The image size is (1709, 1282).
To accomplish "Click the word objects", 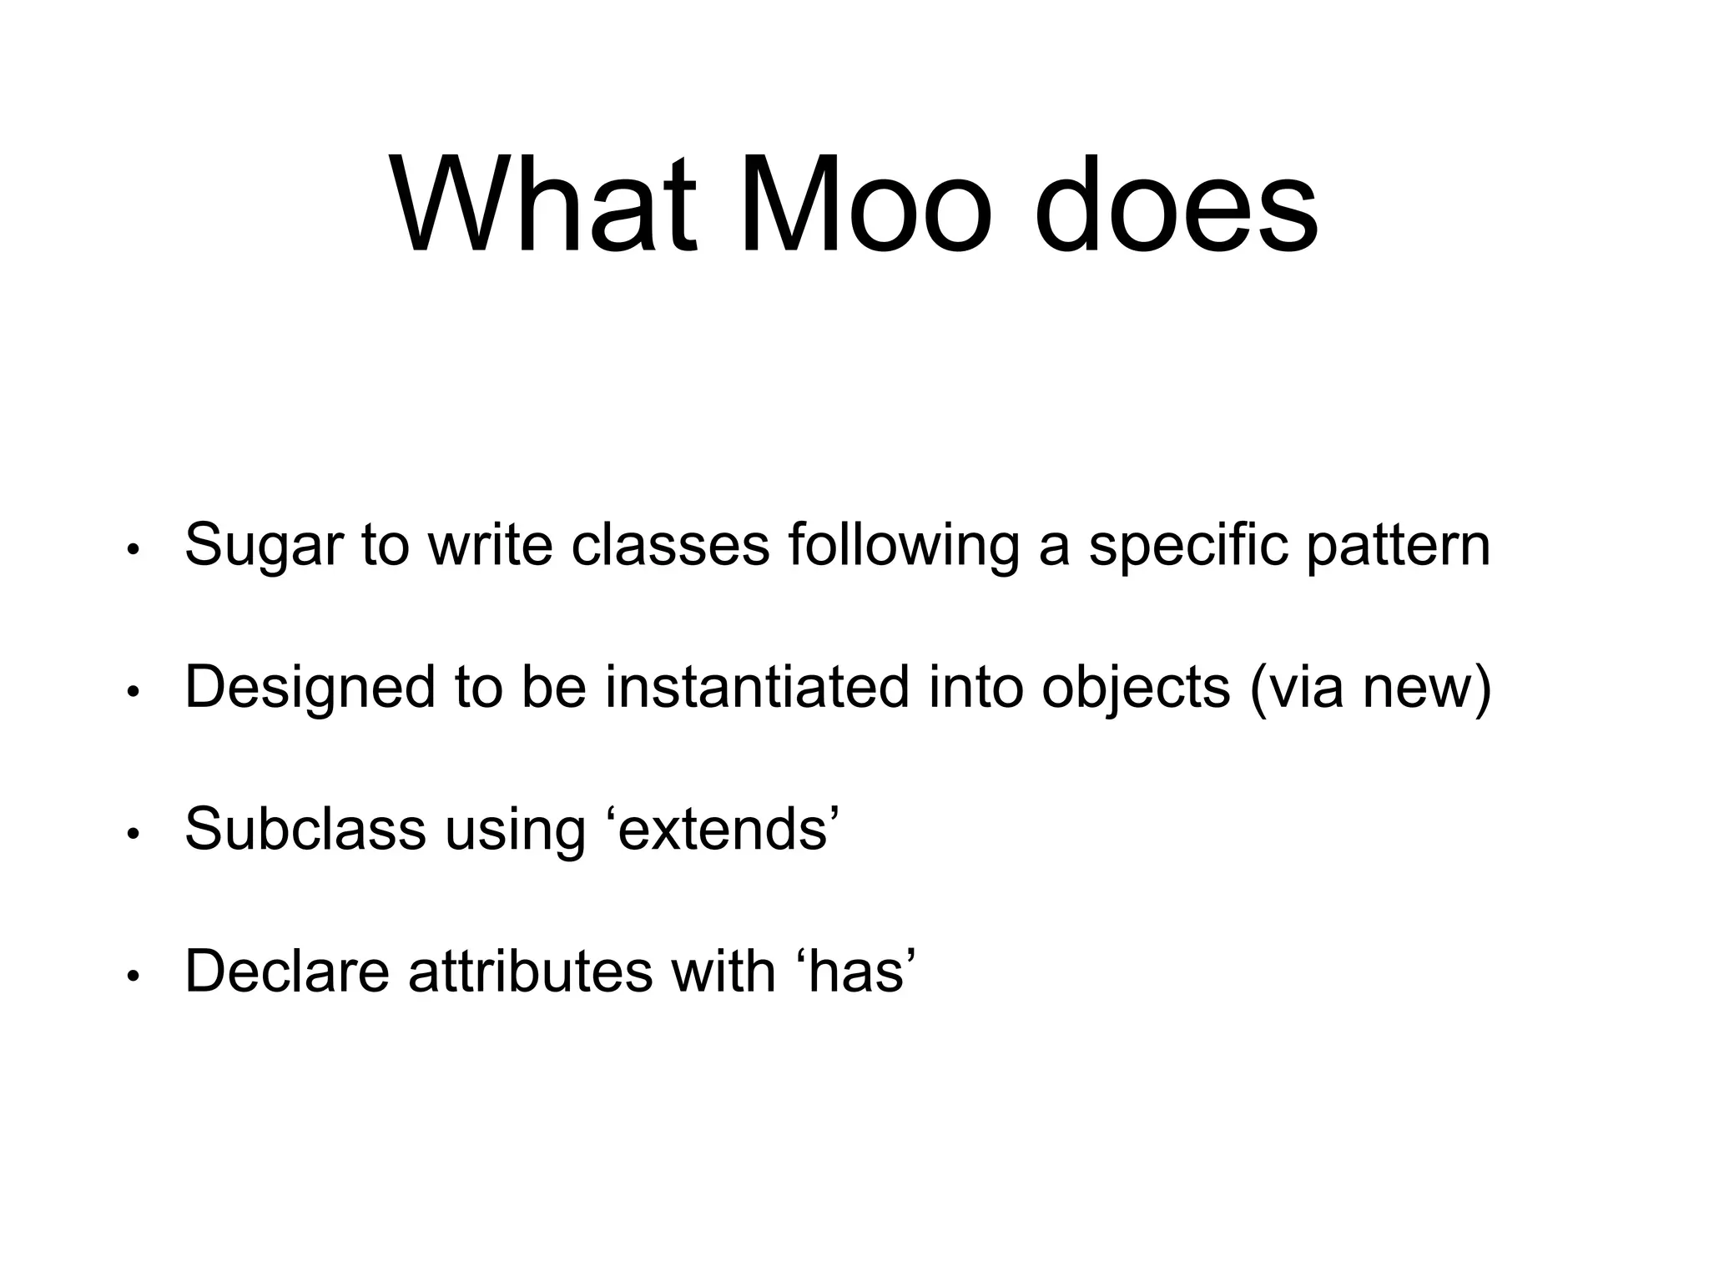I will pyautogui.click(x=1136, y=688).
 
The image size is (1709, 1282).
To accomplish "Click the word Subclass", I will pyautogui.click(x=305, y=829).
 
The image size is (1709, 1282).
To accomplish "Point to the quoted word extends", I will pyautogui.click(x=723, y=829).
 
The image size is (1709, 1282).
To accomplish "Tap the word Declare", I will pyautogui.click(x=287, y=971).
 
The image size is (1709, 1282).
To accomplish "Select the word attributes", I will pyautogui.click(x=531, y=971).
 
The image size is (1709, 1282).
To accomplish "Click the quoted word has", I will pyautogui.click(x=857, y=971).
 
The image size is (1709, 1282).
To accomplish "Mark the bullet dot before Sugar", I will pyautogui.click(x=132, y=551).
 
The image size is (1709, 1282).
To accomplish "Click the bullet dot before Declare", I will pyautogui.click(x=132, y=977).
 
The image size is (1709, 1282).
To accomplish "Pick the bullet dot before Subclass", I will pyautogui.click(x=132, y=835).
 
